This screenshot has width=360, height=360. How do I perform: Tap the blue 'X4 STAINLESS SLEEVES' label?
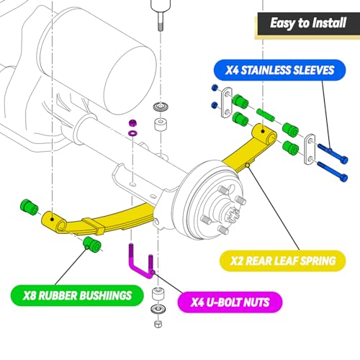coord(279,70)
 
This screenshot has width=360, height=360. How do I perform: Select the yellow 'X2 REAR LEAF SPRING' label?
coord(283,261)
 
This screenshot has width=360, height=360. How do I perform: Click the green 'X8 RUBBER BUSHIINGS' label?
coord(77,295)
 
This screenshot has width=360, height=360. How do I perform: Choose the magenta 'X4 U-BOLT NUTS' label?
coord(230,302)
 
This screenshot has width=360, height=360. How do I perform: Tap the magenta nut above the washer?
coord(132,123)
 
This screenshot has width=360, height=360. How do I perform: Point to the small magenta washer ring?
coord(132,132)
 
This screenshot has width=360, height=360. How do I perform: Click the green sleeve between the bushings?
coord(266,115)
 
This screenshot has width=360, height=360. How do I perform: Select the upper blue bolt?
coord(333,152)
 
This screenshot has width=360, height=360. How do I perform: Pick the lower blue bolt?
coord(333,171)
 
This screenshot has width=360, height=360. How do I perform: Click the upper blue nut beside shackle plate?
coord(215,88)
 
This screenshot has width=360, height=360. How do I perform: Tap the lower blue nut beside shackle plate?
coord(215,105)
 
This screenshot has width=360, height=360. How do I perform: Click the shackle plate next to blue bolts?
coord(310,149)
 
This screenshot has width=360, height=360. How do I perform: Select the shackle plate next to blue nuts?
coord(227,103)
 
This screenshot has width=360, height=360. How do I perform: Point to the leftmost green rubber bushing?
coord(30,207)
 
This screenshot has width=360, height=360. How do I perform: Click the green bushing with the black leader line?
coord(92,244)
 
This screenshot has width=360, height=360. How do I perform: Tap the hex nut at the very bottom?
coord(158,324)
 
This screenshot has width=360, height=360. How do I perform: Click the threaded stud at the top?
coord(161,22)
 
